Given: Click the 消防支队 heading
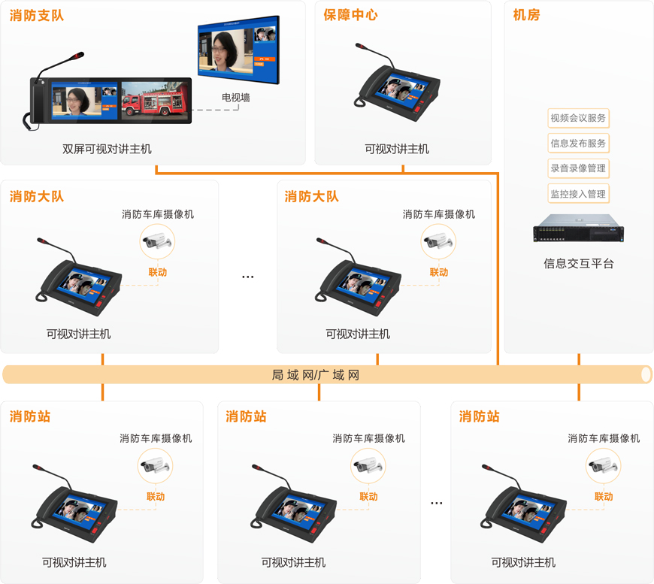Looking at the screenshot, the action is (37, 16).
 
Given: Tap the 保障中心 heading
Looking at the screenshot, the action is (350, 15).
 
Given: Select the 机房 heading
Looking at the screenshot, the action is (526, 15).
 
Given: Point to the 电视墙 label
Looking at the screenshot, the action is (235, 98).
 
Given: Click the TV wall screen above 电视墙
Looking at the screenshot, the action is (238, 50).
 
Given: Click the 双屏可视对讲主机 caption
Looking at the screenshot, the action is (107, 150).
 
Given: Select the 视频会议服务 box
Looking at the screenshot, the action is (578, 118).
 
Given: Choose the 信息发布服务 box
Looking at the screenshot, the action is (578, 143).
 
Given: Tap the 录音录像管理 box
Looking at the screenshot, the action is (578, 168).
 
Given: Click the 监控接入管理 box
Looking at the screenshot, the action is (578, 194).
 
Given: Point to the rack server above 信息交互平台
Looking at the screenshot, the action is (579, 228).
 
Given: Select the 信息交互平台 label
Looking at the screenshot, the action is (579, 264).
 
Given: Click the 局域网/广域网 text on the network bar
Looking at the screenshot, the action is (315, 375).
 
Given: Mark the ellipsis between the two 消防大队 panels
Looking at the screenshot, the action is (248, 277).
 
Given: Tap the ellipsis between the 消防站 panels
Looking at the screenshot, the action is (437, 503).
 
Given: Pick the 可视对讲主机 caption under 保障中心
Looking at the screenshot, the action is (397, 150).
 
